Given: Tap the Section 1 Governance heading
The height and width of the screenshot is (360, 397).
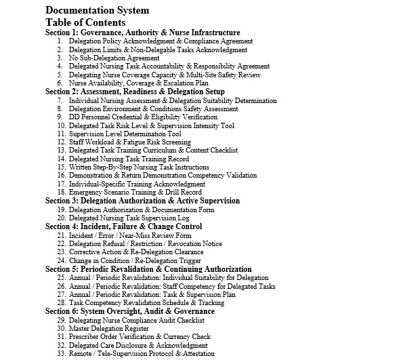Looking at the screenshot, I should (x=142, y=33).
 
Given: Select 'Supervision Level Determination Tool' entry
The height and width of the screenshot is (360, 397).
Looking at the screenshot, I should (x=124, y=134).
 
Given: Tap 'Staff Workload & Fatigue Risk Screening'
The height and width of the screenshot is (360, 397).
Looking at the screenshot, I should (x=129, y=142).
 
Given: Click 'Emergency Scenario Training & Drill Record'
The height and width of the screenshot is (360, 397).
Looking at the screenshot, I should (x=135, y=192).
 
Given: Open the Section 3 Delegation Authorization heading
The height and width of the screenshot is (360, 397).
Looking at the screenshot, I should (x=142, y=201).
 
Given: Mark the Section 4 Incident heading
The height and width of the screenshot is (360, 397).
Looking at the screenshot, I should (x=123, y=226).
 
